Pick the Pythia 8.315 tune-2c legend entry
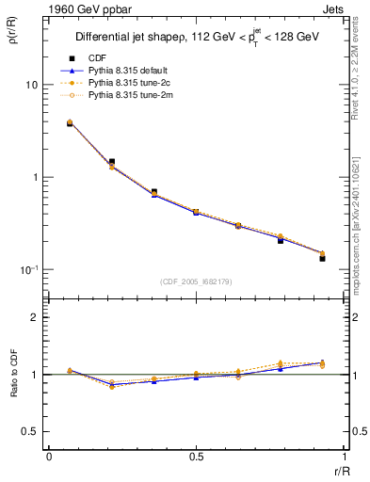point(137,83)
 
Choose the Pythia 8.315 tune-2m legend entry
point(137,95)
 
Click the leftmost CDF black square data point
point(70,123)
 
